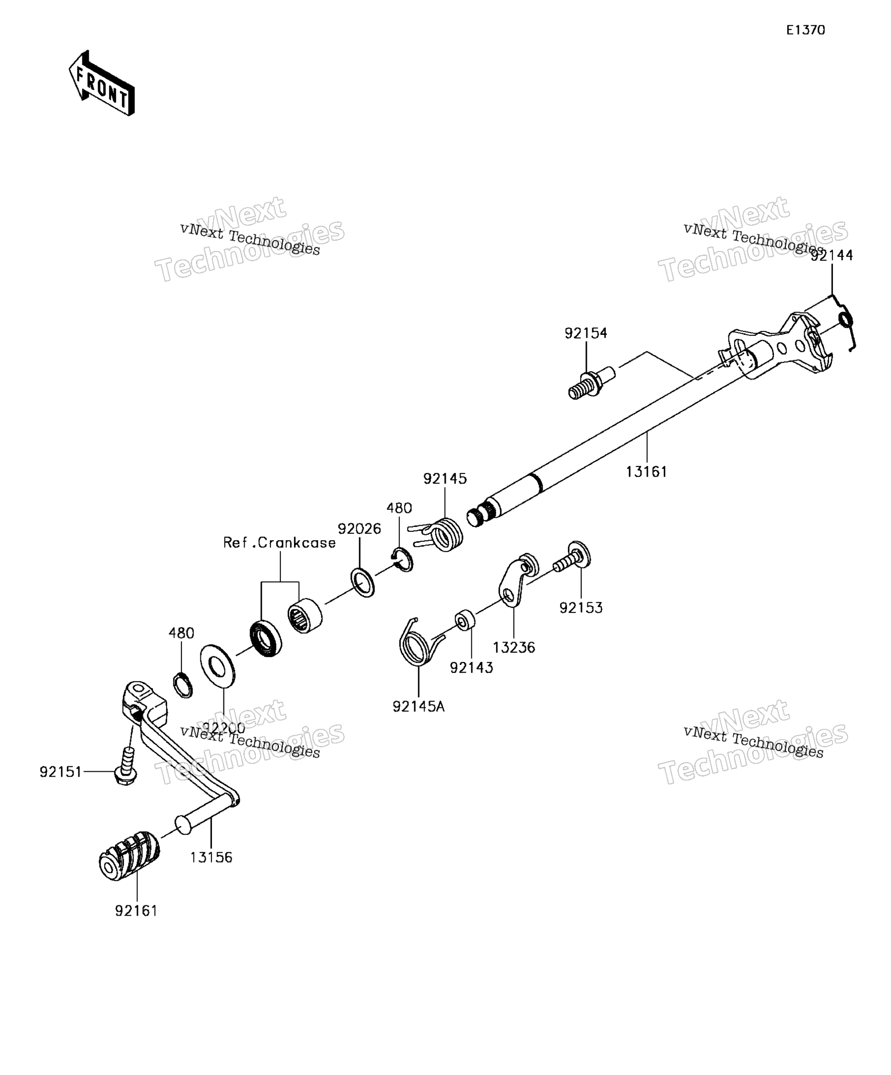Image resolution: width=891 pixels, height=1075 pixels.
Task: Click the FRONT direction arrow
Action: [101, 83]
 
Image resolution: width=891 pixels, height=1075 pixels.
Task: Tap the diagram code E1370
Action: [806, 30]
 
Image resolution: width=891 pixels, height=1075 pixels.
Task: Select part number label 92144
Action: [832, 255]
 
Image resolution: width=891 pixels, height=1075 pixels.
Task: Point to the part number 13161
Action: [647, 471]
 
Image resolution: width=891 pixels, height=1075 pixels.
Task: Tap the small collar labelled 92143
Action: [465, 620]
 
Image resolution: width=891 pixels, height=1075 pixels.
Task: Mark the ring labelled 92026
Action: [362, 582]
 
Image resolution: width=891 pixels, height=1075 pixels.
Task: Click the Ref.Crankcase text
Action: [279, 543]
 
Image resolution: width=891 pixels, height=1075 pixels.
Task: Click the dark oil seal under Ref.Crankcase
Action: [266, 638]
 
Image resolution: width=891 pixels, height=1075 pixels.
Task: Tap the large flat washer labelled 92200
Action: [217, 666]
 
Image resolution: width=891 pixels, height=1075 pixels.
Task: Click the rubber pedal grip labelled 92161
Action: [129, 857]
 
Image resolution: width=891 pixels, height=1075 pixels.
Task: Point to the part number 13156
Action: [212, 858]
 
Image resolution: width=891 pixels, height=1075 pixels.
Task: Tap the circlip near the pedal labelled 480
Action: [183, 685]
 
